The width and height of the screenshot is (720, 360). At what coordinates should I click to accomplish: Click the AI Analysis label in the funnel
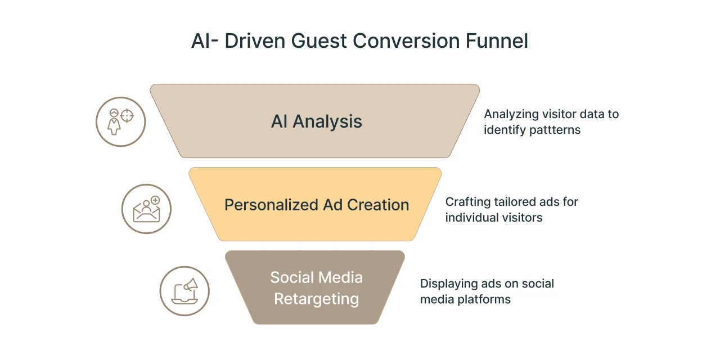click(316, 121)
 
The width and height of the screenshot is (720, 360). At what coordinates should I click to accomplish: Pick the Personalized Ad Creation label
click(316, 205)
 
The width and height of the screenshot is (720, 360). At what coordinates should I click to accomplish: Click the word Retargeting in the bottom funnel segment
click(316, 299)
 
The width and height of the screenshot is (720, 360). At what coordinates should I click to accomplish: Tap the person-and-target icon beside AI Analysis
click(120, 122)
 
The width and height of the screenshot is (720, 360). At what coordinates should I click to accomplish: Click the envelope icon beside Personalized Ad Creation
click(146, 209)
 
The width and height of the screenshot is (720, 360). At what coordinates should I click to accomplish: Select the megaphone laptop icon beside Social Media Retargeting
click(184, 291)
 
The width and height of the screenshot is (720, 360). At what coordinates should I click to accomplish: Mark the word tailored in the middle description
click(518, 201)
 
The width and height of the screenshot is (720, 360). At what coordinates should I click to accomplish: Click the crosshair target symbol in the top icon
click(128, 116)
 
